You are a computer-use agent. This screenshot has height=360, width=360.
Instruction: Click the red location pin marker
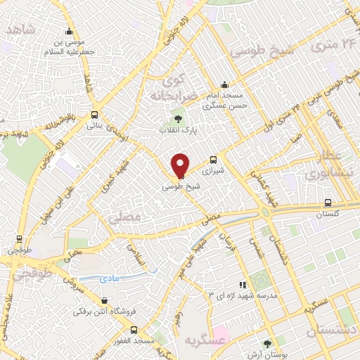180,165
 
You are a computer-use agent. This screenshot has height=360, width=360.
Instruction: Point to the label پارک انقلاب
176,130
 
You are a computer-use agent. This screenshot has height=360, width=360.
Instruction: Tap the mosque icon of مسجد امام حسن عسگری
224,84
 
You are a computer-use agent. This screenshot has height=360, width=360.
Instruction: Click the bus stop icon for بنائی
94,115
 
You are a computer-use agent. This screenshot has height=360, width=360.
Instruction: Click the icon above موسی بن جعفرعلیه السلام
69,31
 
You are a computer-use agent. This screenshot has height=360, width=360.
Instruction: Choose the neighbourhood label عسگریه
229,340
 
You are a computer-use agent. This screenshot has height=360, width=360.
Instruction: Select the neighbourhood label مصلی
127,218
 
